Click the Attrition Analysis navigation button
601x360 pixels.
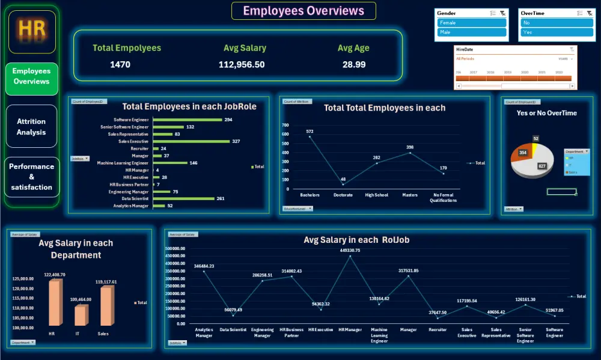(x=31, y=126)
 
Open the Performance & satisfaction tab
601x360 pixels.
(x=31, y=177)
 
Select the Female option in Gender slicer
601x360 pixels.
(x=472, y=23)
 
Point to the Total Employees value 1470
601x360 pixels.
(x=120, y=64)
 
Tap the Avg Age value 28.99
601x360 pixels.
(x=354, y=64)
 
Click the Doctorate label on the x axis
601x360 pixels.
(x=343, y=195)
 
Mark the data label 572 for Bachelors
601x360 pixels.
(x=310, y=131)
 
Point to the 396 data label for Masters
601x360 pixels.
(x=410, y=147)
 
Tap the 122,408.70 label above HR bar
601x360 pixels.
(x=54, y=275)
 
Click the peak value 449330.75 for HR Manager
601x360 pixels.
(x=350, y=250)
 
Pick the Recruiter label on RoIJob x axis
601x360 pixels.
(x=438, y=329)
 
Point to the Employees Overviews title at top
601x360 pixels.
(x=304, y=11)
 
